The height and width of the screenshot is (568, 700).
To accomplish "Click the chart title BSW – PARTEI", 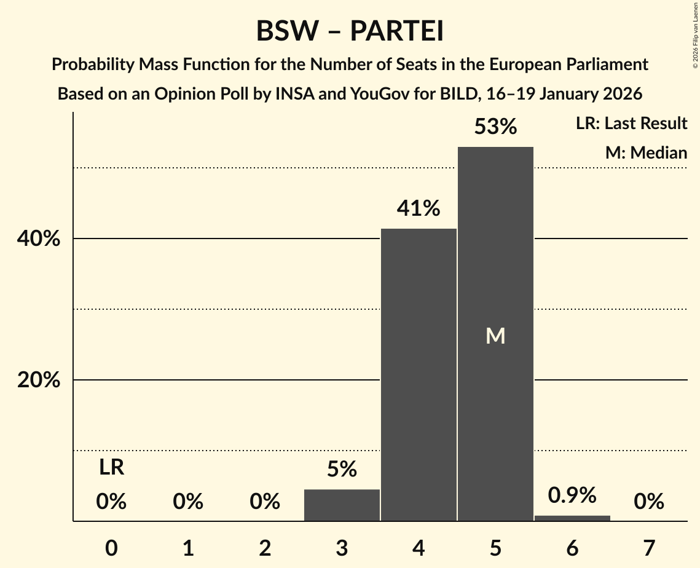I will [350, 31].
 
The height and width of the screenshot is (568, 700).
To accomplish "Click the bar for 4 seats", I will [419, 375].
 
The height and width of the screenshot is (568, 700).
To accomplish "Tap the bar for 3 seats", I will [342, 505].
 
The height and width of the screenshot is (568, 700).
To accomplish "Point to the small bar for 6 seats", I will [572, 518].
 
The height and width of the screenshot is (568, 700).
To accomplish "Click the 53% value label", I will [495, 127].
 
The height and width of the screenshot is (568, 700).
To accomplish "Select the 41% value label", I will [419, 208].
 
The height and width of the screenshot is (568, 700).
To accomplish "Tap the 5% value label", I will [342, 470].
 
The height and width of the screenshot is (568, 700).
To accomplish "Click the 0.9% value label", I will [572, 495].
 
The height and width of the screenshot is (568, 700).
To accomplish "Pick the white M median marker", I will [495, 336].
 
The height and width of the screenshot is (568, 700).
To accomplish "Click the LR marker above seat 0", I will [111, 468].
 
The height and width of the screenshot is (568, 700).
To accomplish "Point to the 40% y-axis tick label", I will [39, 239].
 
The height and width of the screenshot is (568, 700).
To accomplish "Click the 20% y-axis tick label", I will [39, 381].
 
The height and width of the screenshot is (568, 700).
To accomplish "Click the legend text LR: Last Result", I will [631, 124].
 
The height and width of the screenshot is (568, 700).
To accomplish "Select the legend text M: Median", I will [646, 152].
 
